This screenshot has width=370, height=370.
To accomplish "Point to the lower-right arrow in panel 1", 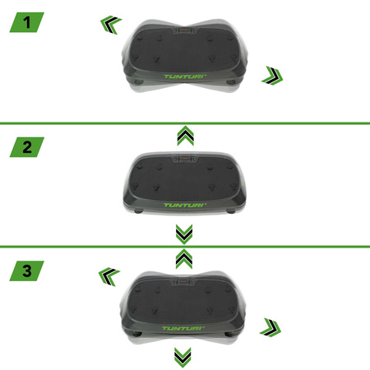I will coord(269,77).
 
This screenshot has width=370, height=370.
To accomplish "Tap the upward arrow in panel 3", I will coord(185,257).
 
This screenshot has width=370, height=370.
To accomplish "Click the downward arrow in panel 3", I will coord(185,357).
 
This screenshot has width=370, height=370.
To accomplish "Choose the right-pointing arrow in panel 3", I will coord(268,328).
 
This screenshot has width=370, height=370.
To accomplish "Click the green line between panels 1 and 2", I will coord(185,123).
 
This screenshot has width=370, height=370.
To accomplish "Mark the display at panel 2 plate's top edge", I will coord(185,156).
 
